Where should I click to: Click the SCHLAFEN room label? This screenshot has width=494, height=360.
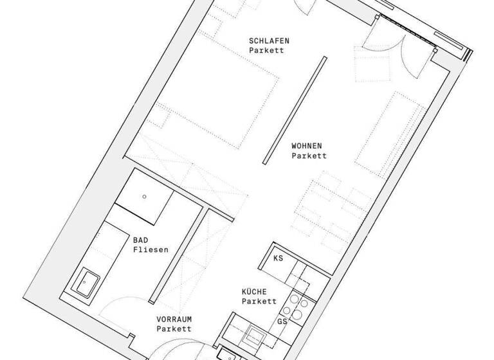click(269, 40)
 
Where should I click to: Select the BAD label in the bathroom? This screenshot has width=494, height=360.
click(141, 239)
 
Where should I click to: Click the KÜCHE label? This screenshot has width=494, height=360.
click(255, 291)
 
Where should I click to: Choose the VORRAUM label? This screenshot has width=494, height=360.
click(174, 319)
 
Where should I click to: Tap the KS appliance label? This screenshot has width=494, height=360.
click(278, 258)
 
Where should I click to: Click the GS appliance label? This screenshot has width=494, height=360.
click(282, 321)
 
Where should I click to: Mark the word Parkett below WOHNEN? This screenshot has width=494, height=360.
click(309, 156)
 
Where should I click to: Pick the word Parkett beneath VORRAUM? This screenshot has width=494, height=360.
click(174, 328)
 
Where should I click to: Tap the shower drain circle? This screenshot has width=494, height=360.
click(145, 196)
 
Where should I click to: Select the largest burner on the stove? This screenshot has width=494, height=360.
click(298, 314)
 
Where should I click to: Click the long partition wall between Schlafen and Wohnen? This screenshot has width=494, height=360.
click(293, 110)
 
